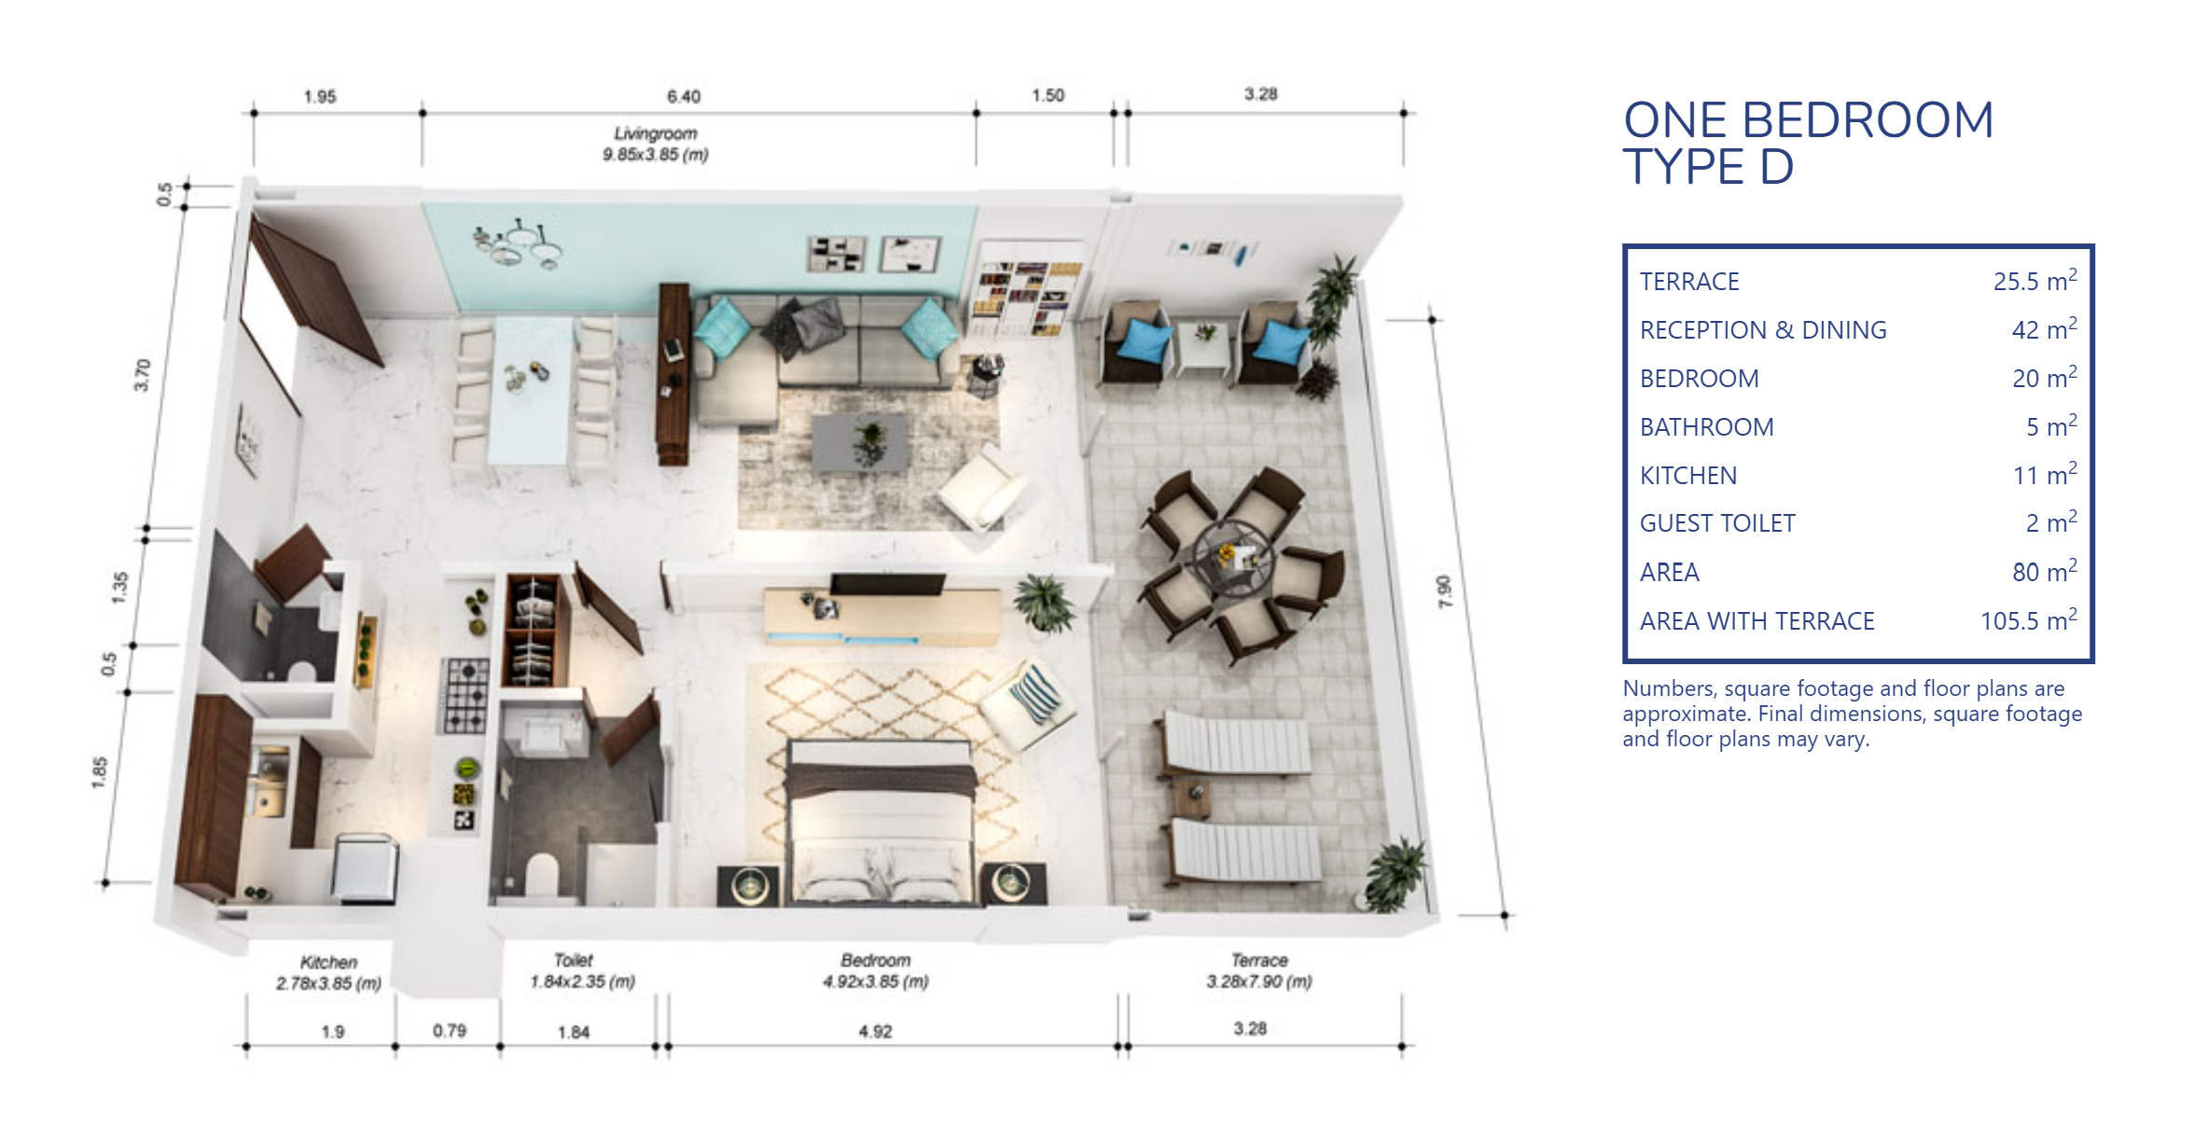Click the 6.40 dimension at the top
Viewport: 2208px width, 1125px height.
pyautogui.click(x=683, y=96)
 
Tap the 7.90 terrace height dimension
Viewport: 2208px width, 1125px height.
pyautogui.click(x=1444, y=591)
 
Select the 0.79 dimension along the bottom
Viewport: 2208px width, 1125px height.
pyautogui.click(x=450, y=1031)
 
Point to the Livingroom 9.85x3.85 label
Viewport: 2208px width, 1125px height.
pyautogui.click(x=656, y=144)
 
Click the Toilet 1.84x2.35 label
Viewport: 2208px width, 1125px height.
pyautogui.click(x=582, y=971)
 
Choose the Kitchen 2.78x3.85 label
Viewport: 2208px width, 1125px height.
pyautogui.click(x=328, y=972)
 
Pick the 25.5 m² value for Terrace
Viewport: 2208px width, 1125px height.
pyautogui.click(x=2034, y=280)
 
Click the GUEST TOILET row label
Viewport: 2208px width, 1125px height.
pyautogui.click(x=1717, y=523)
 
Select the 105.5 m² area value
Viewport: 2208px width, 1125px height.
pyautogui.click(x=2028, y=619)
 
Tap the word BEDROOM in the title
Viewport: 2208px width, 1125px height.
pyautogui.click(x=1868, y=120)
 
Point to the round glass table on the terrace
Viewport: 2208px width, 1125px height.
pyautogui.click(x=1233, y=558)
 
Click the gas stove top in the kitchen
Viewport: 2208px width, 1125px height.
pyautogui.click(x=465, y=694)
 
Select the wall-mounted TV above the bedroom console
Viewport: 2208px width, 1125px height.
pyautogui.click(x=887, y=584)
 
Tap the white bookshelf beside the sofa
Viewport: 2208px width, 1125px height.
pyautogui.click(x=1026, y=287)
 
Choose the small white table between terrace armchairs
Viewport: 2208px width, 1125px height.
pyautogui.click(x=1204, y=344)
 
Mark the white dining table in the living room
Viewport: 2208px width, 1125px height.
pyautogui.click(x=530, y=390)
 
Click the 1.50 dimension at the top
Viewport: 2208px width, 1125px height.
pyautogui.click(x=1048, y=95)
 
